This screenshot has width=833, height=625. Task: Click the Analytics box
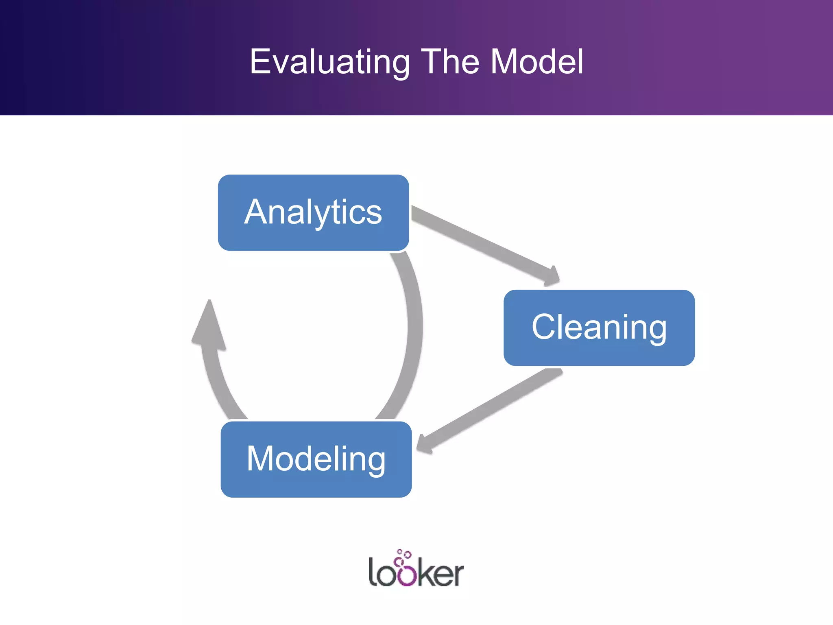click(313, 212)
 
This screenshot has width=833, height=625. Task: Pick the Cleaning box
click(599, 328)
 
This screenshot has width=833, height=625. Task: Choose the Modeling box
click(316, 459)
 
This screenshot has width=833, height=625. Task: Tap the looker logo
click(416, 570)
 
